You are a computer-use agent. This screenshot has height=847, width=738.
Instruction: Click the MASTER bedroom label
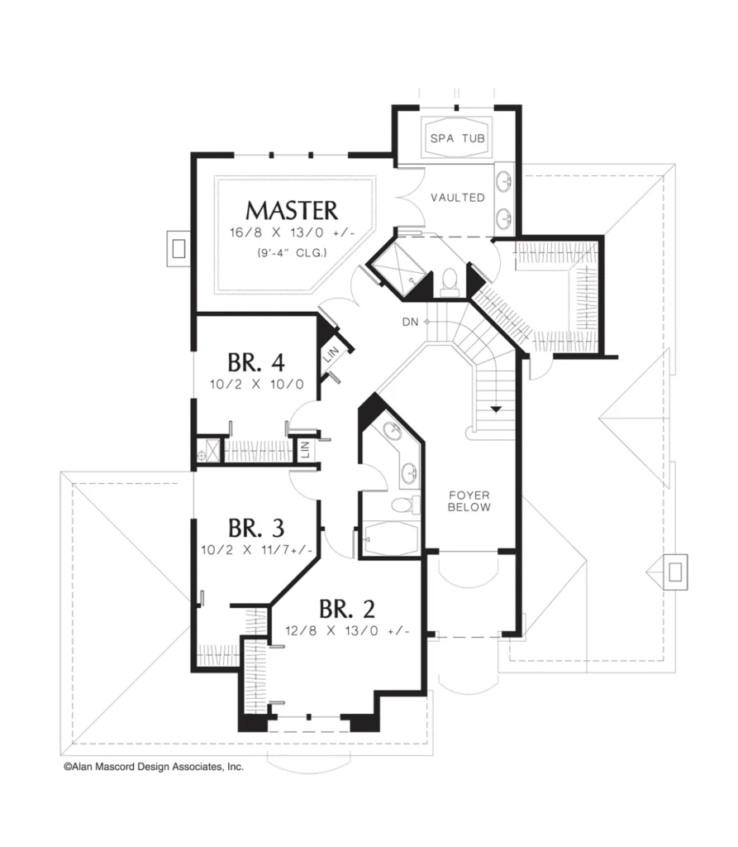(x=292, y=211)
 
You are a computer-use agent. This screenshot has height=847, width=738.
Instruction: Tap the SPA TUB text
(x=457, y=138)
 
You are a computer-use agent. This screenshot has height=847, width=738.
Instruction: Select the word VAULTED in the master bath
(x=458, y=198)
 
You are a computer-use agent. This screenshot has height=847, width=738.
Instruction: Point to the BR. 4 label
(x=256, y=362)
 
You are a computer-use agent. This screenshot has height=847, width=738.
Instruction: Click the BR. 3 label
(x=256, y=529)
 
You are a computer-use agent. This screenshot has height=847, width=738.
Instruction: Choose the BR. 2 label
(x=346, y=609)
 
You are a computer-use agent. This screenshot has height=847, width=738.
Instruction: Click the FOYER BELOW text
(x=469, y=501)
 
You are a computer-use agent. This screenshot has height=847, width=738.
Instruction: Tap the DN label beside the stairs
(x=410, y=322)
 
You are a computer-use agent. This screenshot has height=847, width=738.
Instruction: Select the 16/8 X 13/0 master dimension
(x=292, y=232)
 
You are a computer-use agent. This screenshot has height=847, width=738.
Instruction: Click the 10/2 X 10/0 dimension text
(x=256, y=384)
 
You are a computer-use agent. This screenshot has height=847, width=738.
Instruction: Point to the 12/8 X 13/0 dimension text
(x=347, y=630)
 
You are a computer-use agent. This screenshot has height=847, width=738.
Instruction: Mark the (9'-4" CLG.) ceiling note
(x=292, y=252)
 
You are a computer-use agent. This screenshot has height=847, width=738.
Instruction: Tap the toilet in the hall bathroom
(x=405, y=505)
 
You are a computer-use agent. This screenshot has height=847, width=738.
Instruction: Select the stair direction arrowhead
(x=496, y=409)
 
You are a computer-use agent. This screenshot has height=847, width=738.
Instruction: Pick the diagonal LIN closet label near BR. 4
(x=331, y=354)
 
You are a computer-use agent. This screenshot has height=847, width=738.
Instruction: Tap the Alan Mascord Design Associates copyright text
(x=154, y=767)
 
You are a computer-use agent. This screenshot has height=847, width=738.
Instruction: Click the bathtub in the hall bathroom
(x=391, y=538)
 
